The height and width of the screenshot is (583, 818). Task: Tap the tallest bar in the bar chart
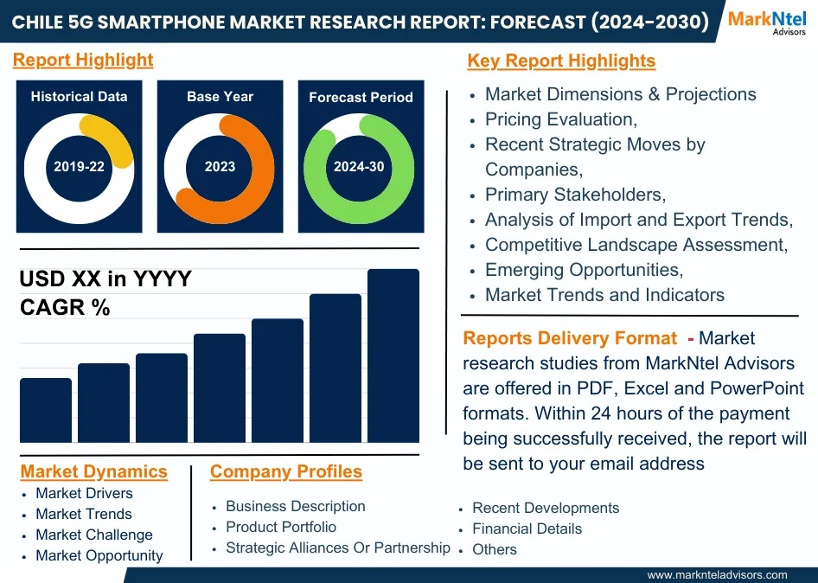(x=393, y=356)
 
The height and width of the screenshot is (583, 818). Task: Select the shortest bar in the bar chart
(x=46, y=410)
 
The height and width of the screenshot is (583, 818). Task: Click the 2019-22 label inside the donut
(x=79, y=167)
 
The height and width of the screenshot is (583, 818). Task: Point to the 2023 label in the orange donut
(x=220, y=167)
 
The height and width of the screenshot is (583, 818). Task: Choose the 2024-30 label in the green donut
(x=359, y=167)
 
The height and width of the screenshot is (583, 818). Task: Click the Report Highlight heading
(x=83, y=60)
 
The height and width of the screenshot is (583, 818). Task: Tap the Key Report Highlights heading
(x=561, y=61)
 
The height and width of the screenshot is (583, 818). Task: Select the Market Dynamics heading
(x=93, y=471)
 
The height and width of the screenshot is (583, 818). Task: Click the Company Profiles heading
(x=286, y=471)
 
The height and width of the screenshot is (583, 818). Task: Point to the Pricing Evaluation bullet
(x=561, y=119)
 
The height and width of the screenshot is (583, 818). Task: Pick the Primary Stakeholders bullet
(x=575, y=195)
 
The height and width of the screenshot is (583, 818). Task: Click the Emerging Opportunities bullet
(x=584, y=270)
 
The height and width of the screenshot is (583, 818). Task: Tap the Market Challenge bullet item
(x=93, y=535)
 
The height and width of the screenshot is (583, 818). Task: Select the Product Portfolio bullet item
(x=281, y=527)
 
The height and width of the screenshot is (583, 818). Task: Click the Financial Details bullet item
(x=527, y=529)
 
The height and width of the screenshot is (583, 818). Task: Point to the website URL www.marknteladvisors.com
(x=717, y=574)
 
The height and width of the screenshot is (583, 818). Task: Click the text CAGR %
(x=65, y=307)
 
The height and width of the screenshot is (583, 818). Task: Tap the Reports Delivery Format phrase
(x=570, y=338)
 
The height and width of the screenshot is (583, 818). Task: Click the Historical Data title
(x=79, y=97)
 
